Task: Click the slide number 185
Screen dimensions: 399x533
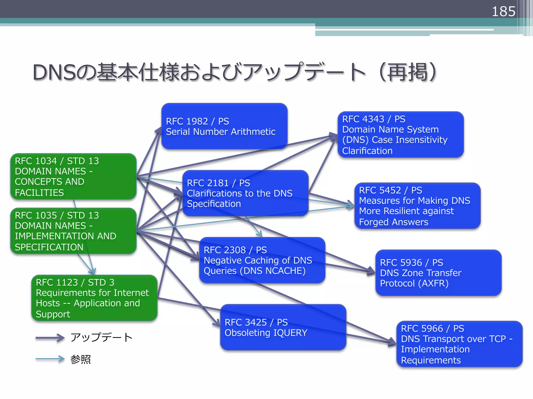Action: pos(503,11)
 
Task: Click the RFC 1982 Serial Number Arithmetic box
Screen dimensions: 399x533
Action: pos(224,126)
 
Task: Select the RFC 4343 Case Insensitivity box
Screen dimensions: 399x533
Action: pos(401,135)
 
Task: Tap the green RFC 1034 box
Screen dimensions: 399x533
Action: pos(73,176)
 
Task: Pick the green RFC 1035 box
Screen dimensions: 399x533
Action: pos(73,231)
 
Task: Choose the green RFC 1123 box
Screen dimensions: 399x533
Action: pos(94,298)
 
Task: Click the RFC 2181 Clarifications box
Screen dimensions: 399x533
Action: pos(245,193)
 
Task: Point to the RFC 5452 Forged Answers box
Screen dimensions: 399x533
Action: pos(417,206)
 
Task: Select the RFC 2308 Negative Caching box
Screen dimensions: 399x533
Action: pos(262,260)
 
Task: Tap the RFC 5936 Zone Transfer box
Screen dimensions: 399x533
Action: pos(438,273)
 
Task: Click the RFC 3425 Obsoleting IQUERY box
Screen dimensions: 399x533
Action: pos(283,327)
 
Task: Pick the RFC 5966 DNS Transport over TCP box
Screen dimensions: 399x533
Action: pos(459,344)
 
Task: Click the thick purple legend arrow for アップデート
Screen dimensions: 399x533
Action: pos(50,338)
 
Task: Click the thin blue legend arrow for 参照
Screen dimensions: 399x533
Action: pos(50,359)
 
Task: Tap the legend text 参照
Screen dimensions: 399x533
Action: pos(80,359)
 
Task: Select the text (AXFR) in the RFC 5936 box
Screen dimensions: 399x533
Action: pos(433,283)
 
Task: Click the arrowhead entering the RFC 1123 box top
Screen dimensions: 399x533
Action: pos(92,272)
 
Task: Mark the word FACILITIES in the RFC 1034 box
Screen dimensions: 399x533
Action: pos(39,192)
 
